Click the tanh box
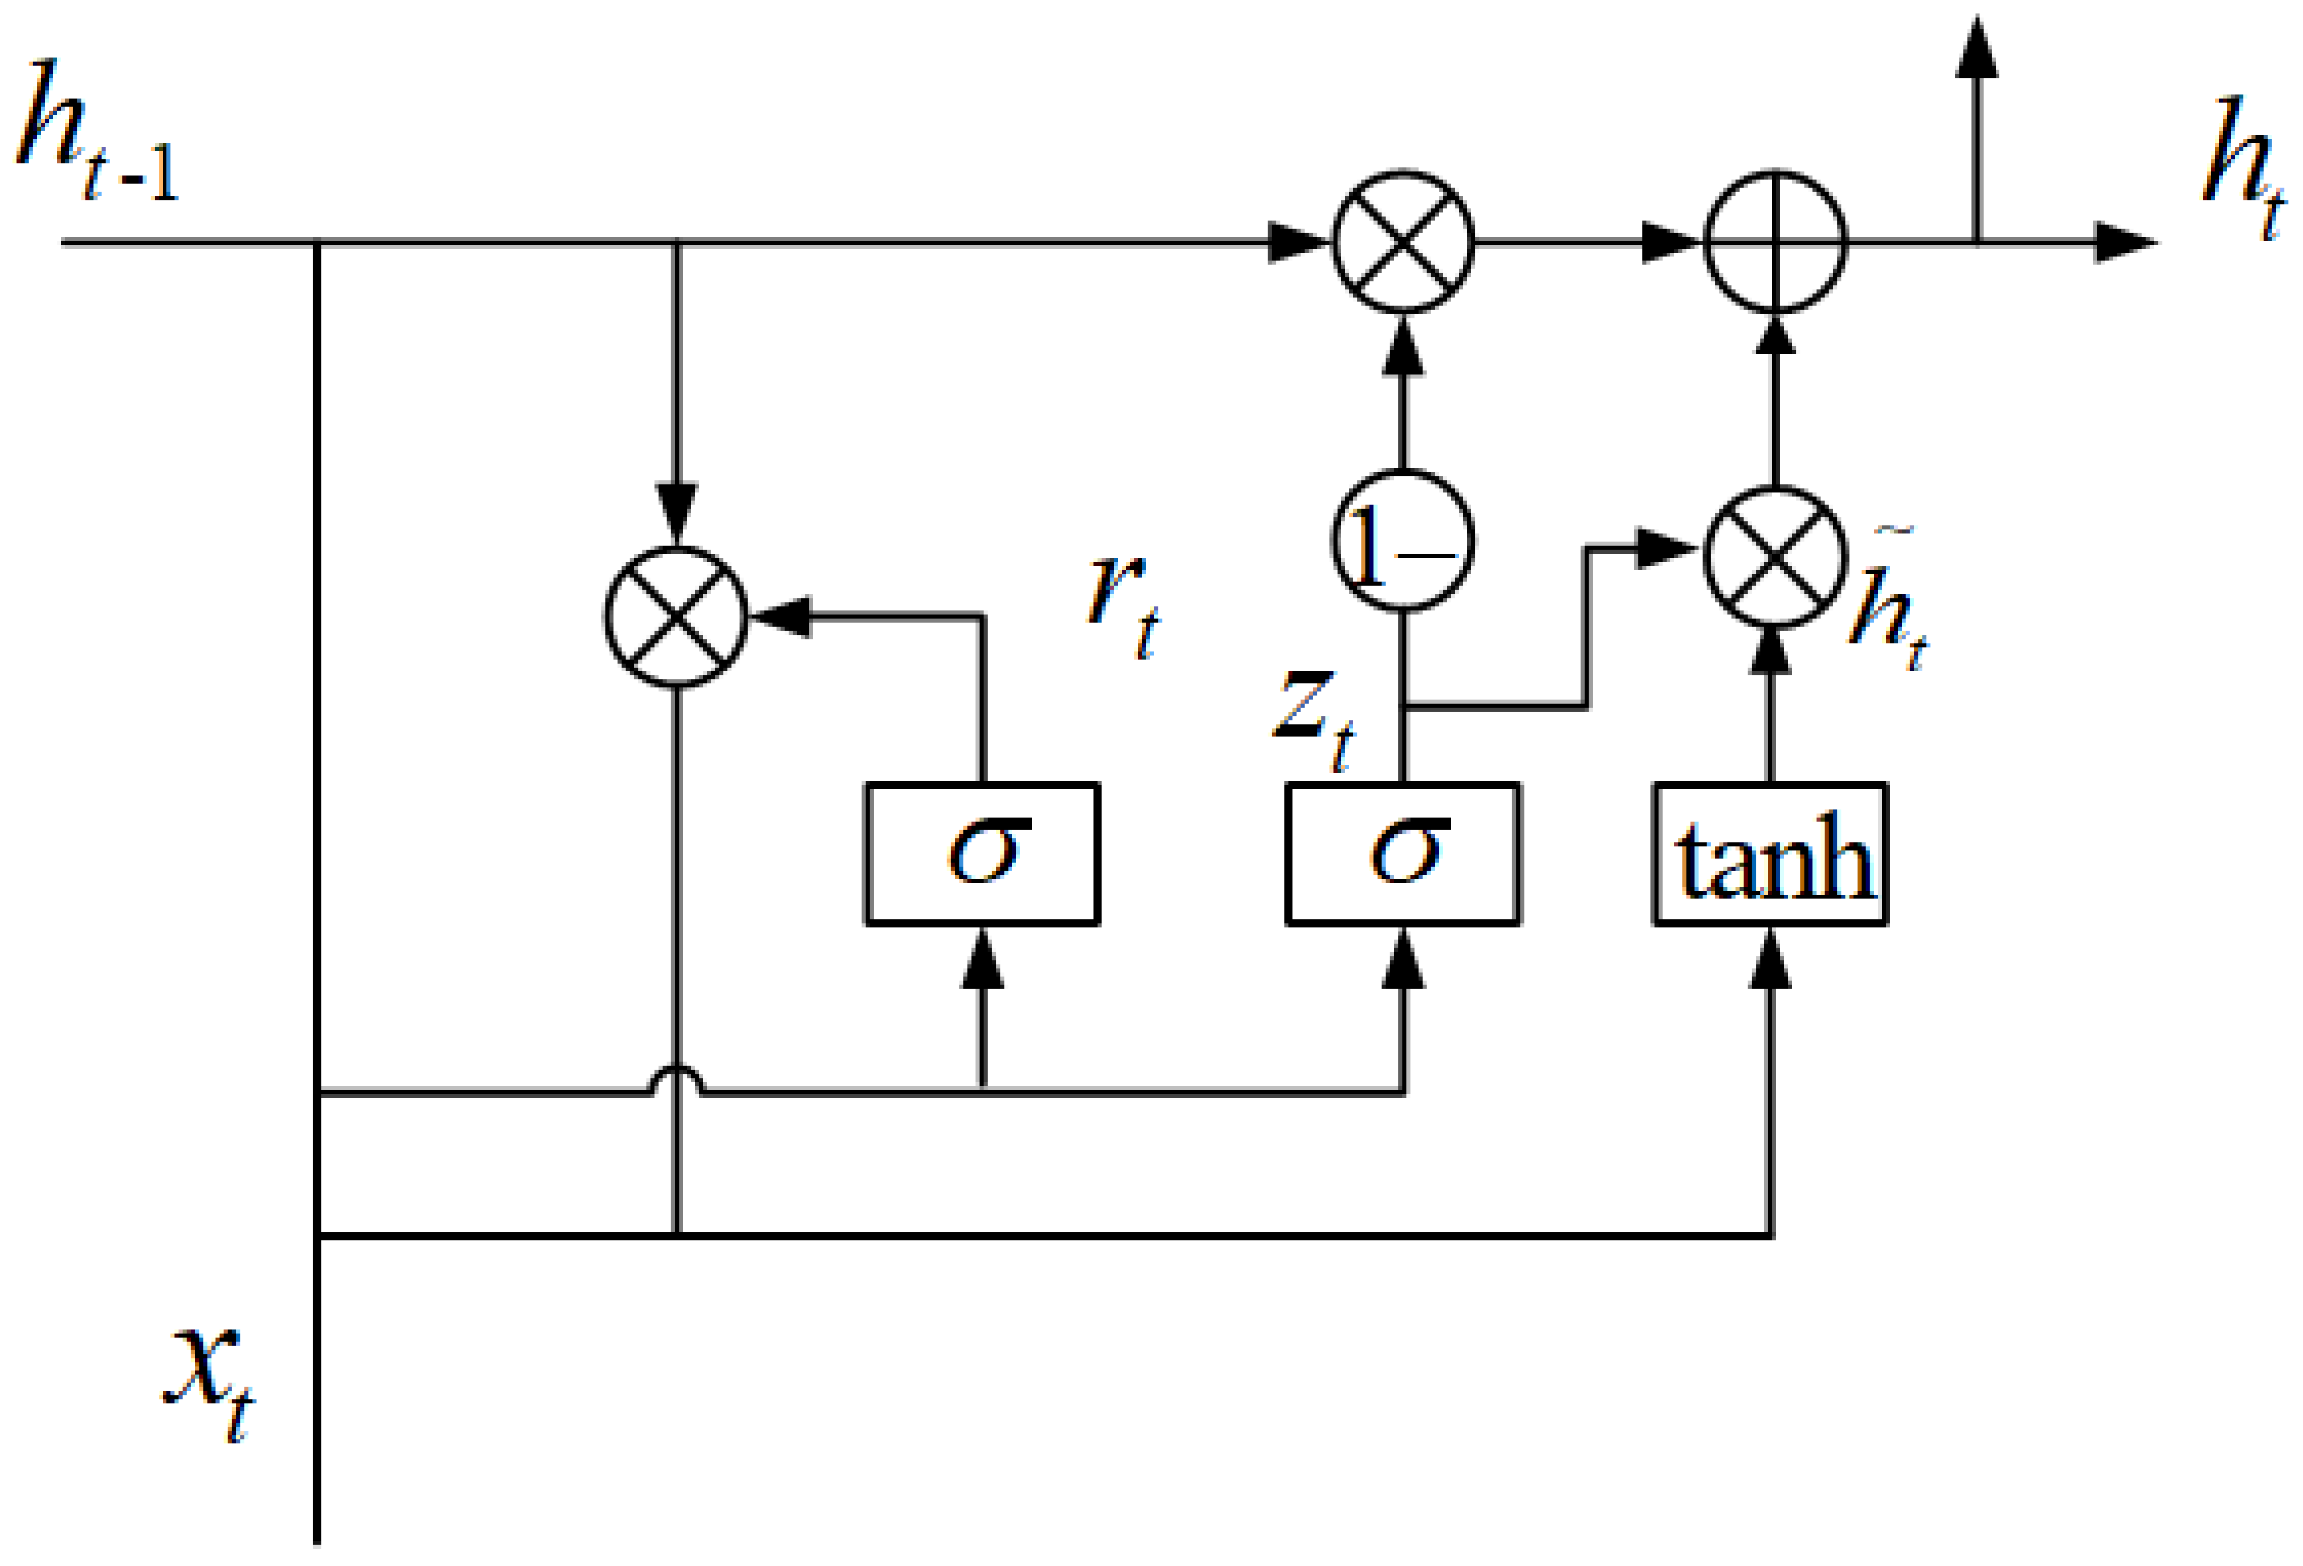click(x=1770, y=855)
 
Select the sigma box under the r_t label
click(x=982, y=855)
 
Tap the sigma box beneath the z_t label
click(x=1402, y=855)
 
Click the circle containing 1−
click(x=1402, y=541)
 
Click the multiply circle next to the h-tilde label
click(x=1775, y=557)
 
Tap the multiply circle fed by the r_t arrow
click(x=676, y=617)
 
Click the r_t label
click(x=1122, y=605)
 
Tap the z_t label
click(x=1313, y=718)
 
